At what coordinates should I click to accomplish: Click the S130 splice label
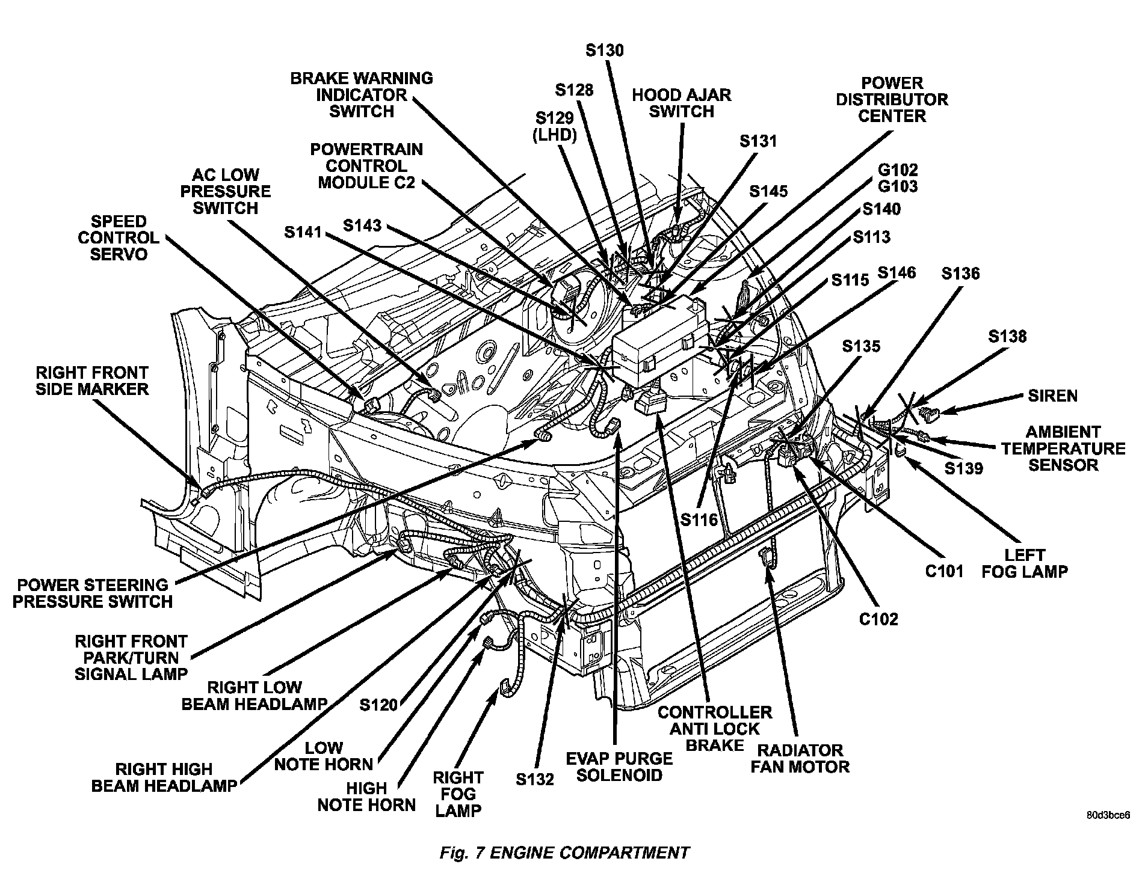tap(604, 51)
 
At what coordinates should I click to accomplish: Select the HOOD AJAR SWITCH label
tap(681, 103)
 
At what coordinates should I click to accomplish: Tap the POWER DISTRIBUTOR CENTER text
tap(891, 99)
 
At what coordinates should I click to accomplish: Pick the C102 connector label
tap(878, 619)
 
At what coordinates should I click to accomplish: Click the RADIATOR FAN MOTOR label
tap(800, 758)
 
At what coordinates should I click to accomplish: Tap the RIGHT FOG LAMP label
tap(458, 794)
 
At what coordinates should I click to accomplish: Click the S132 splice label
tap(534, 779)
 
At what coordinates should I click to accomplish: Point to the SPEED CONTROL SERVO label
tap(119, 237)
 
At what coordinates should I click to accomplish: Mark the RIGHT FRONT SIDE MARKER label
tap(91, 381)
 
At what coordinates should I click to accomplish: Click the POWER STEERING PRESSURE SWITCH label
tap(93, 593)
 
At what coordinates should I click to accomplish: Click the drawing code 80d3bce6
tap(1108, 816)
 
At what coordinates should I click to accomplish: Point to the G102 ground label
tap(898, 170)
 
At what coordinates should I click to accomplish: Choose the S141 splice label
tap(303, 231)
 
